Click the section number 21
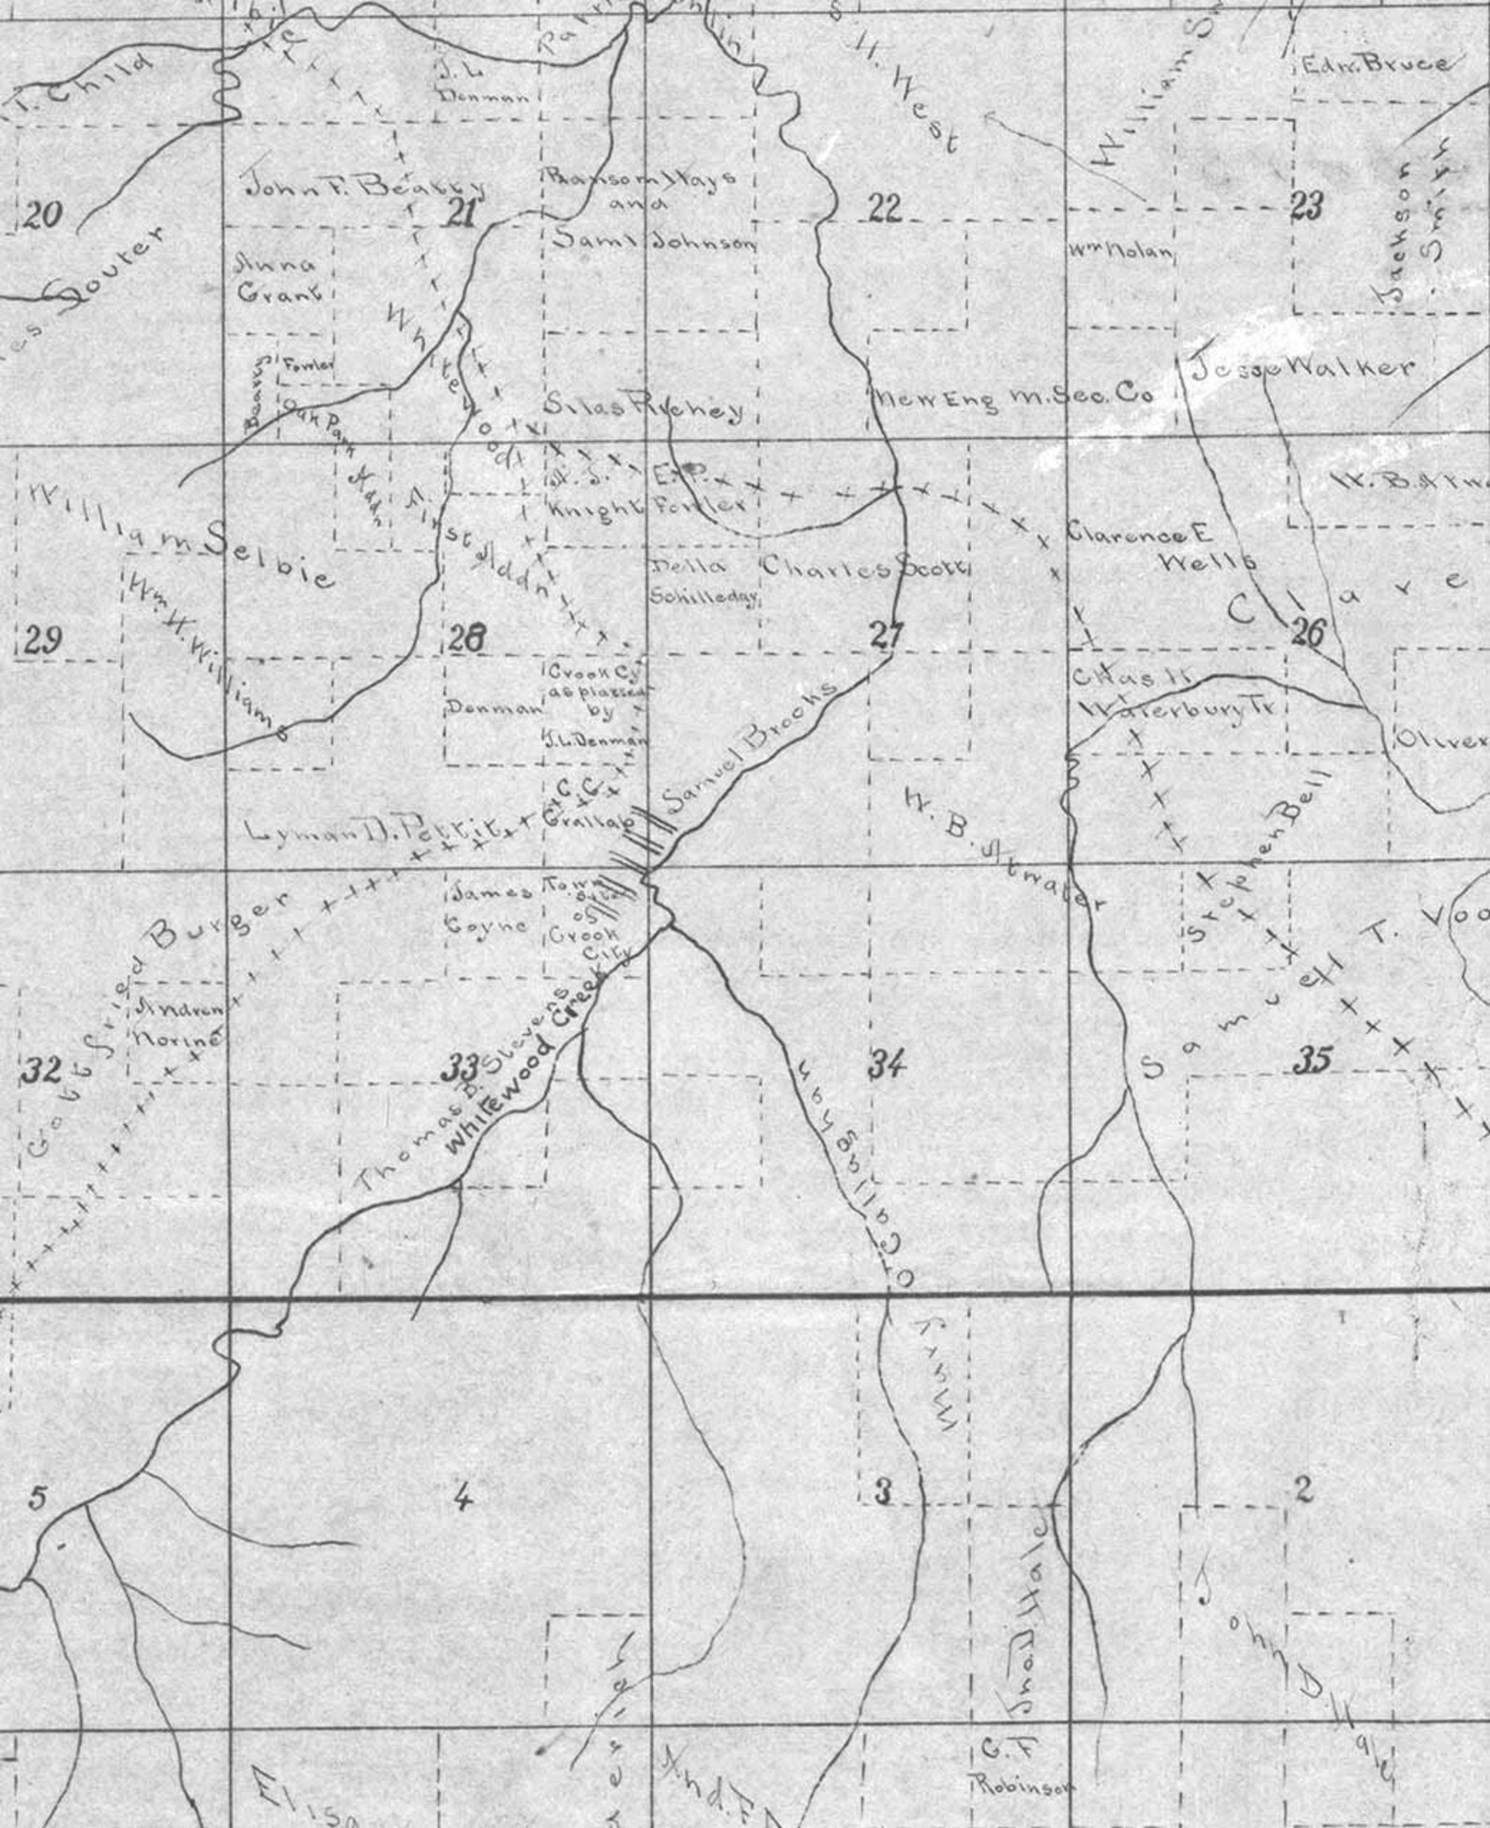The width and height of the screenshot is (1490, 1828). pos(461,214)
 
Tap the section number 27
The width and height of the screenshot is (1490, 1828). pos(886,635)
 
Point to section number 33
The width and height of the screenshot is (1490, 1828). pos(461,1066)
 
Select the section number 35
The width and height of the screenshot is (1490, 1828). pos(1311,1061)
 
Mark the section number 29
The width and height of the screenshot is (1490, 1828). pos(43,641)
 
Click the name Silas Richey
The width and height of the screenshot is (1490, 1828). pos(644,407)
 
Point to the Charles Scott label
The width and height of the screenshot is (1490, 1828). pos(864,568)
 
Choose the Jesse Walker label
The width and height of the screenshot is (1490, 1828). pos(1302,368)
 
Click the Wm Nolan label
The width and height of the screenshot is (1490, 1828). pos(1120,251)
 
